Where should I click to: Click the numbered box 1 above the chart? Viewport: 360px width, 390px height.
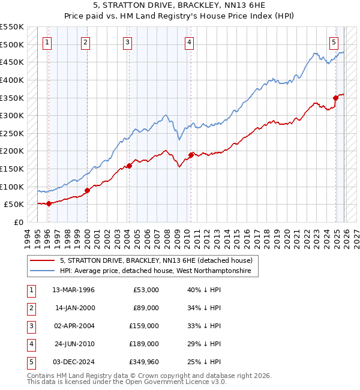tap(47, 42)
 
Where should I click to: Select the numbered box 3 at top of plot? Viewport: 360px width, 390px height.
tap(128, 42)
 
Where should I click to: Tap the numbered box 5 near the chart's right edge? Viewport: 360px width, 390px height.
tap(334, 42)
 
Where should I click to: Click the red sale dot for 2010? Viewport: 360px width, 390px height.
tap(191, 155)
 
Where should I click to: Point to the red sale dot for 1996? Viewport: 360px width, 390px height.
tap(49, 203)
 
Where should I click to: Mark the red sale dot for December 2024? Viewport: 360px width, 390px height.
tap(336, 98)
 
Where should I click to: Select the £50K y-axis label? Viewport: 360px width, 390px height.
tap(14, 205)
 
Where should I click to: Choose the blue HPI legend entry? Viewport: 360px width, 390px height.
tap(158, 271)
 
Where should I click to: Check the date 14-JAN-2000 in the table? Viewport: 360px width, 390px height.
tap(73, 308)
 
